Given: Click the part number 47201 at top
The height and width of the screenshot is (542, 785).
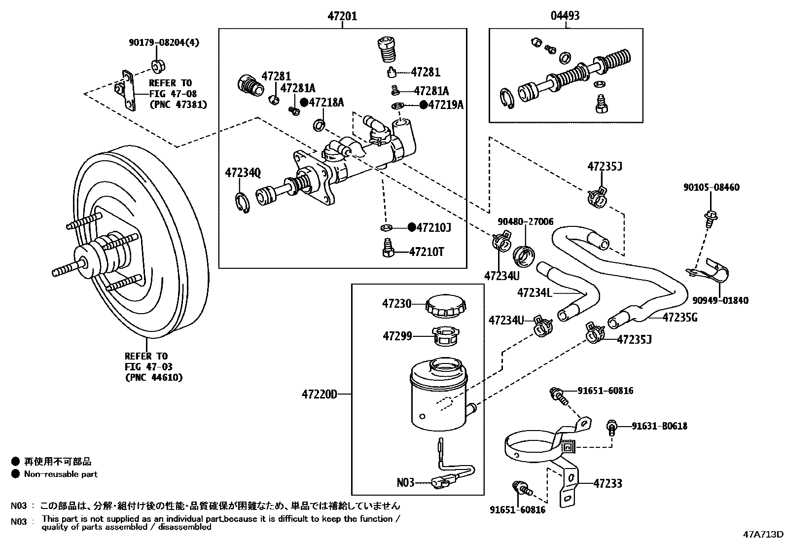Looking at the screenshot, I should pyautogui.click(x=342, y=16).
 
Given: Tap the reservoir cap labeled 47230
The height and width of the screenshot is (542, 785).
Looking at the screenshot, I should pyautogui.click(x=446, y=306).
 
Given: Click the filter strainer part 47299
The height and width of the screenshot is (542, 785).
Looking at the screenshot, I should pyautogui.click(x=446, y=337).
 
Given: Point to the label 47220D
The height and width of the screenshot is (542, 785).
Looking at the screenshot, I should pyautogui.click(x=319, y=395).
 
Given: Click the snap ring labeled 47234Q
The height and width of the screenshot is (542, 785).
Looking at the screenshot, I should pyautogui.click(x=241, y=204).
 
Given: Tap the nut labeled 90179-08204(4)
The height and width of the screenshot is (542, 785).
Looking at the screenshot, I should pyautogui.click(x=158, y=65).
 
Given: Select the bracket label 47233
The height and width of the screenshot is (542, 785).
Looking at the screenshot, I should pyautogui.click(x=607, y=483).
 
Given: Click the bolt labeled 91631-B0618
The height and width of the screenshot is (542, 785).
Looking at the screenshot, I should pyautogui.click(x=612, y=427).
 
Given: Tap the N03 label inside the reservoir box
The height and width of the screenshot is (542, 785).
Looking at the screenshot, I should pyautogui.click(x=405, y=482).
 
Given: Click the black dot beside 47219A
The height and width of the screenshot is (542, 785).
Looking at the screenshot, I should pyautogui.click(x=423, y=105).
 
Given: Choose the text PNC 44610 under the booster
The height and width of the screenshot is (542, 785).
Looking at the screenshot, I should pyautogui.click(x=153, y=377).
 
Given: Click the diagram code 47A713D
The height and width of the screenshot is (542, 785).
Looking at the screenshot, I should pyautogui.click(x=763, y=535).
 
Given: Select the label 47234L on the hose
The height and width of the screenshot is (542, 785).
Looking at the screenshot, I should pyautogui.click(x=534, y=293).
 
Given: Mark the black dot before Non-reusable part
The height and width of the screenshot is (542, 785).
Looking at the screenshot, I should pyautogui.click(x=15, y=474).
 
